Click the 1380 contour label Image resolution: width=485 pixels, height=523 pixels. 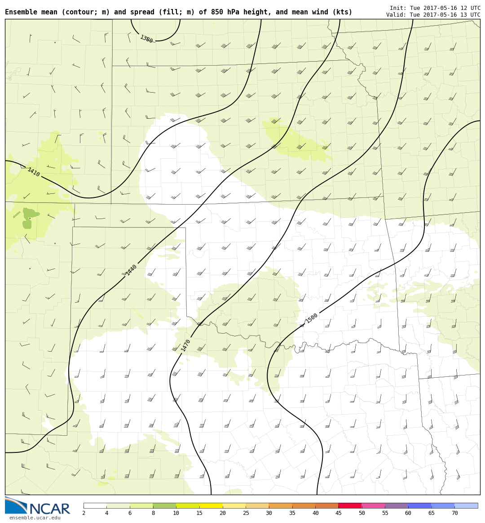146,39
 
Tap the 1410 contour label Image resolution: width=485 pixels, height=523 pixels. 34,172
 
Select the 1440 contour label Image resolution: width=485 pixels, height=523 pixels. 131,270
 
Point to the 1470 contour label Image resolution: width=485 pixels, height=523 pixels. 186,345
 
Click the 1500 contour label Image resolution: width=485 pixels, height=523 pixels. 312,318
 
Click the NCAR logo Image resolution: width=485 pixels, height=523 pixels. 38,506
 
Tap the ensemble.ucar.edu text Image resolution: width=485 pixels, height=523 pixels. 35,518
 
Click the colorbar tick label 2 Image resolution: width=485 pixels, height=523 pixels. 84,514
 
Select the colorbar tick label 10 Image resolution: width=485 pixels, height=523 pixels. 176,514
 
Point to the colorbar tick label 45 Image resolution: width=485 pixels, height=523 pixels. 339,514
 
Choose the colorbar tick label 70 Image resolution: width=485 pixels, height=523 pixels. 454,514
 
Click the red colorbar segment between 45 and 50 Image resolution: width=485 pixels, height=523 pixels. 350,505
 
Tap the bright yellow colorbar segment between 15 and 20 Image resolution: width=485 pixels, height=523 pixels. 211,505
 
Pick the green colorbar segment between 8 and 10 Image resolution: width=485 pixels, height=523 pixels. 164,505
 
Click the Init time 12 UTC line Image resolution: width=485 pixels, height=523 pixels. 435,8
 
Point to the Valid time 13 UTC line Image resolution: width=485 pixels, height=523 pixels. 433,15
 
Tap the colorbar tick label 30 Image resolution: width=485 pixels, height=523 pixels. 269,514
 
